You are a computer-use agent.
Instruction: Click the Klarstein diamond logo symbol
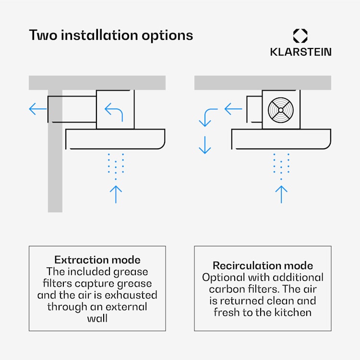click(x=300, y=36)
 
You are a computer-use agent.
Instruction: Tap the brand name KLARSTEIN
click(x=301, y=52)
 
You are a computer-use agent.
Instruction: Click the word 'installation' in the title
click(x=99, y=35)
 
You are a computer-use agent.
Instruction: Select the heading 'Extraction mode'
click(x=97, y=260)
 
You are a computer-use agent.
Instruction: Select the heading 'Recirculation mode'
click(x=263, y=265)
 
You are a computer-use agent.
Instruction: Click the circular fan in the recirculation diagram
click(x=281, y=110)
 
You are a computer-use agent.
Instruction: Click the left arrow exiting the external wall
click(x=38, y=109)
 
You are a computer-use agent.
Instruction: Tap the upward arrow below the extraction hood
click(x=116, y=194)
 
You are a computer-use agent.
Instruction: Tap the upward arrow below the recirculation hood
click(x=281, y=194)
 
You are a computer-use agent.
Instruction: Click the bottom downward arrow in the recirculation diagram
click(x=205, y=145)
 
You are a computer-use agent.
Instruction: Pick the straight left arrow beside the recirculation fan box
click(x=233, y=109)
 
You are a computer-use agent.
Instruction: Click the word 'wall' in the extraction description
click(x=97, y=318)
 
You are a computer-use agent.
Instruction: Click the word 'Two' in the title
click(x=43, y=35)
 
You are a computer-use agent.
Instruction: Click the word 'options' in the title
click(x=168, y=36)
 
